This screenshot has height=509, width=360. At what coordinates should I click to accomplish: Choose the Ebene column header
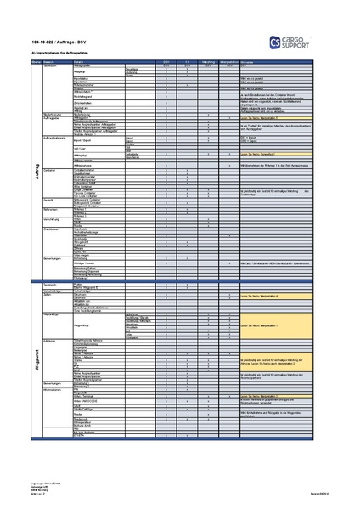pos(36,62)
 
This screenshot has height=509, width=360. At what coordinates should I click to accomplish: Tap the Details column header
pos(80,62)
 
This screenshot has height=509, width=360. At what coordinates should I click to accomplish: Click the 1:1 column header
pos(187,62)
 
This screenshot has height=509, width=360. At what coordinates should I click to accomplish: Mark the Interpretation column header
pos(228,62)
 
